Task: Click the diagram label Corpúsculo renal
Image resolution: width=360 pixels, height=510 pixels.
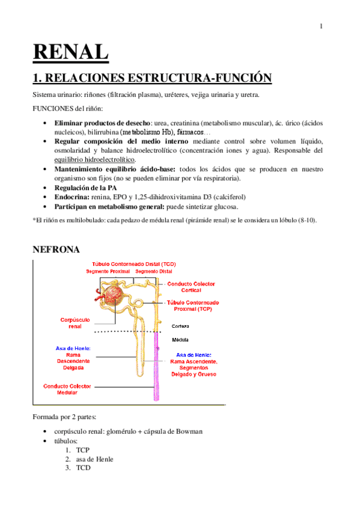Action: coord(75,323)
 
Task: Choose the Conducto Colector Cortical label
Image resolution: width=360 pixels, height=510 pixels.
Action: coord(191,286)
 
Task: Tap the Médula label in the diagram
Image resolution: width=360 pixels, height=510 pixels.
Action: coord(180,339)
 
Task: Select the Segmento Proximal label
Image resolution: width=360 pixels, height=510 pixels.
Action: coord(108,272)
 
